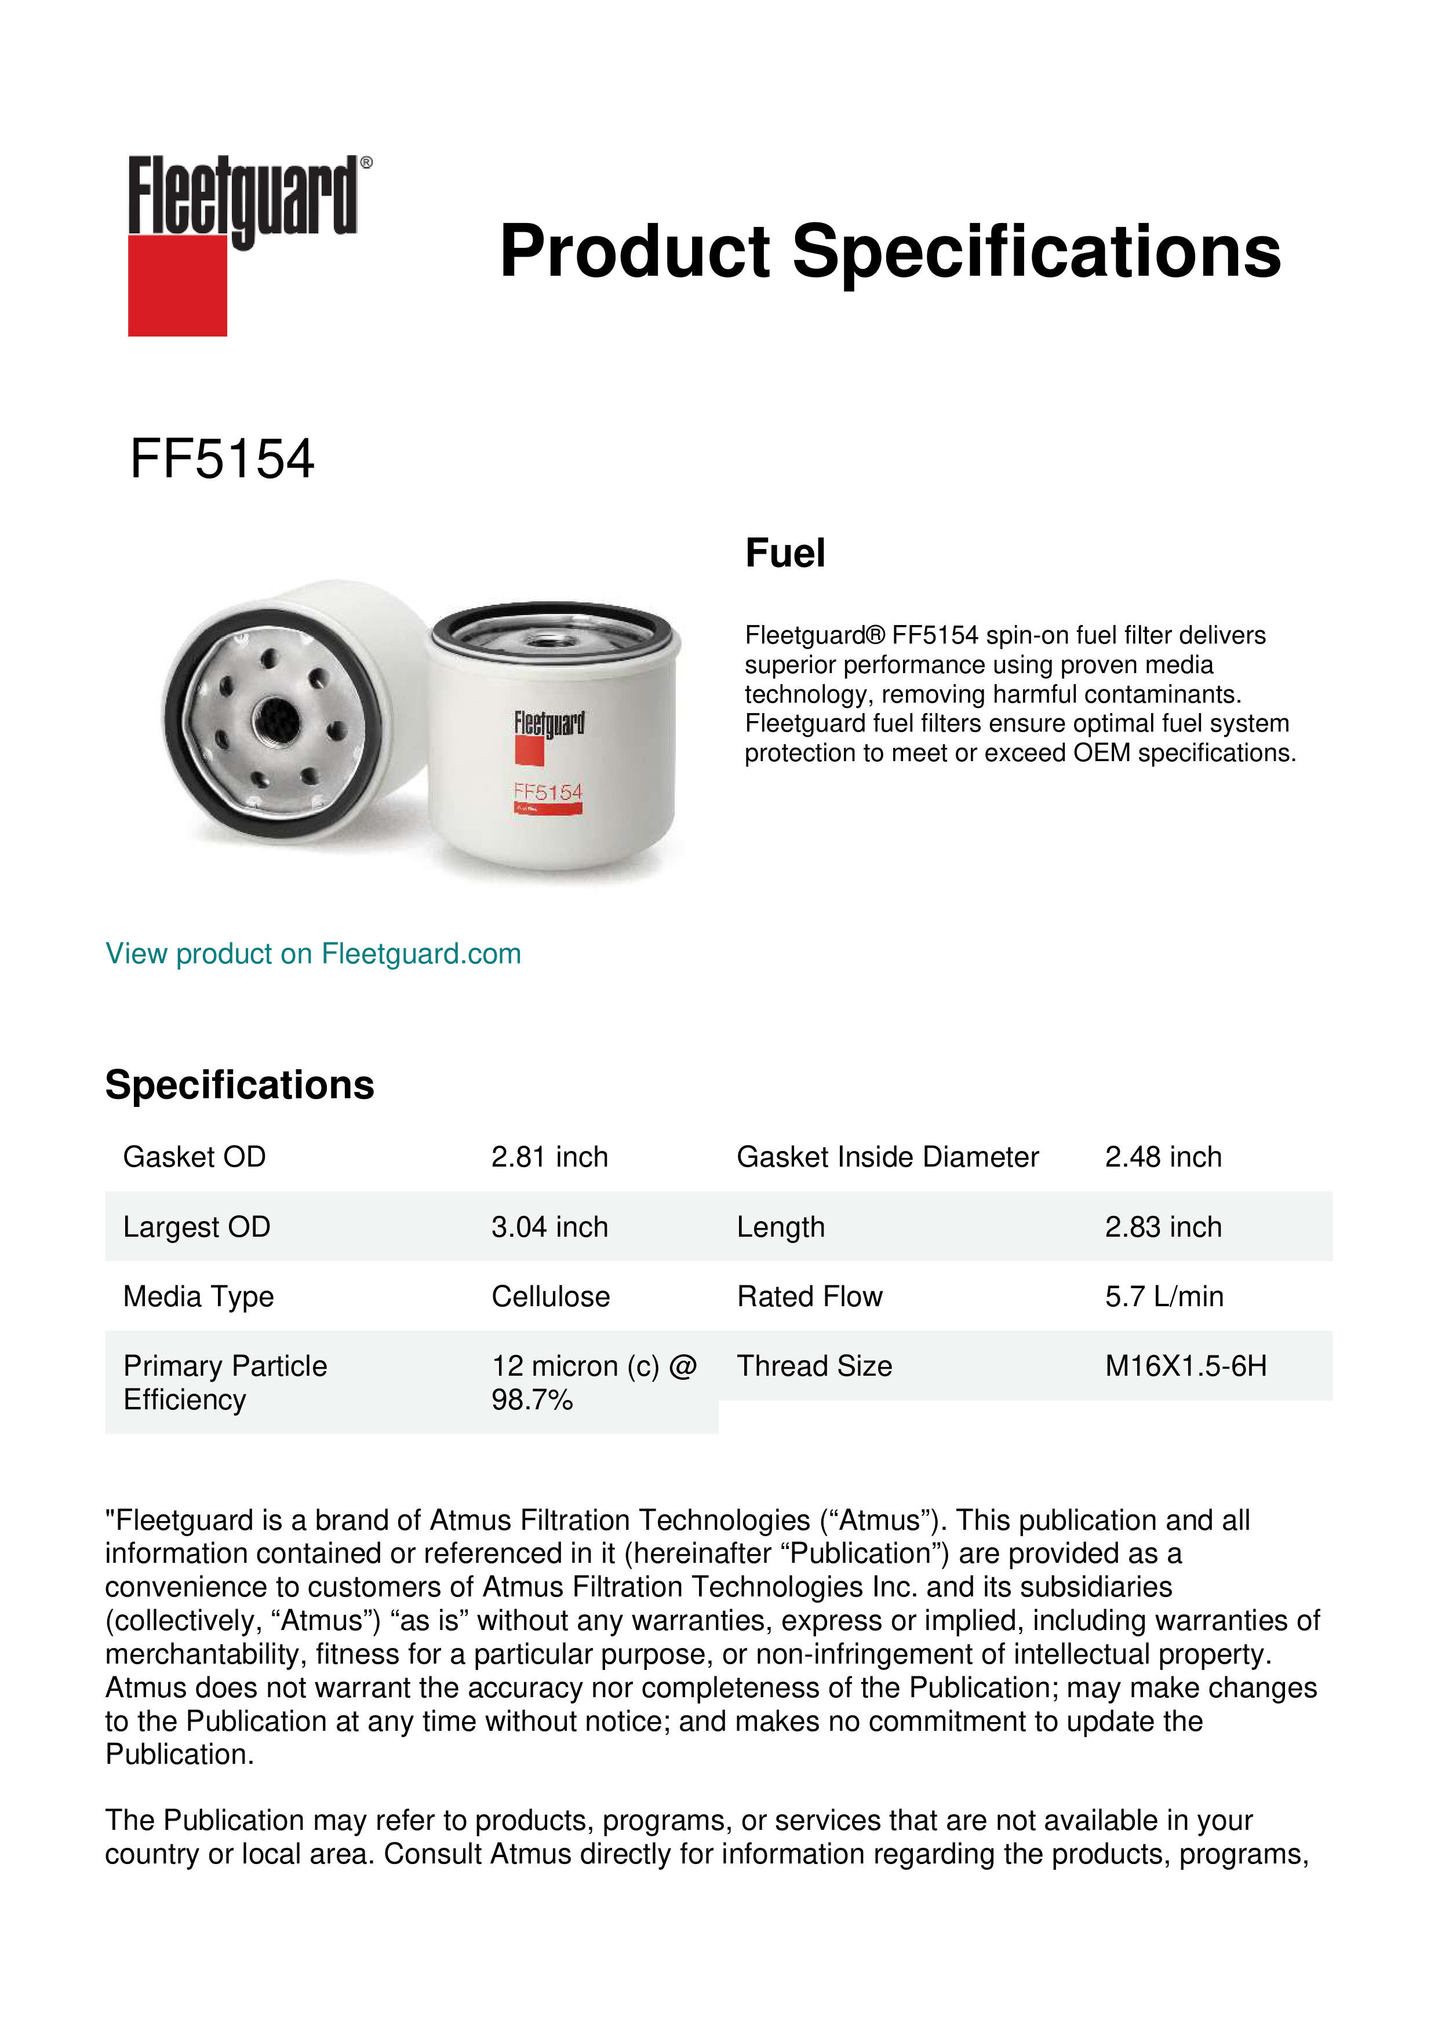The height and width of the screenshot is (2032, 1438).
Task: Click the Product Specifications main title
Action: click(890, 251)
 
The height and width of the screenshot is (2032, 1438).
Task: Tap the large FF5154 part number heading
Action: click(221, 459)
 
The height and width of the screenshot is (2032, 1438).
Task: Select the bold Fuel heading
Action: click(785, 553)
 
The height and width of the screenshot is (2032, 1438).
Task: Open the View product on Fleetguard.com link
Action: click(312, 953)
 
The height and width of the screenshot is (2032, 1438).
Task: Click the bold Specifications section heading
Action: click(239, 1084)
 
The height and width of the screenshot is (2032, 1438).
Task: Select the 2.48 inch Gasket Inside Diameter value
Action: click(1163, 1157)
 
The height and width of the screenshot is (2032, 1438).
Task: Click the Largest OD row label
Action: click(196, 1227)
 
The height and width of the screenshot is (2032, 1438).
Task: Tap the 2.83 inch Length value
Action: click(1163, 1227)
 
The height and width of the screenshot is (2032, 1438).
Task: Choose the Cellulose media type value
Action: click(550, 1296)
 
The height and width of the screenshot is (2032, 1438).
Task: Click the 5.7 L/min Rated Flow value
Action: click(1163, 1296)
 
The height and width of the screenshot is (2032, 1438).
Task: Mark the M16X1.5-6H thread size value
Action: click(1186, 1366)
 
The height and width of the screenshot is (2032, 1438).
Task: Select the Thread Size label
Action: click(814, 1366)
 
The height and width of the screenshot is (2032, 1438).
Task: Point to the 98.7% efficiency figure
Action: click(532, 1400)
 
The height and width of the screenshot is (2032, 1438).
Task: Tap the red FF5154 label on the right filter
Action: click(548, 792)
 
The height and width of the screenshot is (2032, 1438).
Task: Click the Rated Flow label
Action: click(809, 1296)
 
